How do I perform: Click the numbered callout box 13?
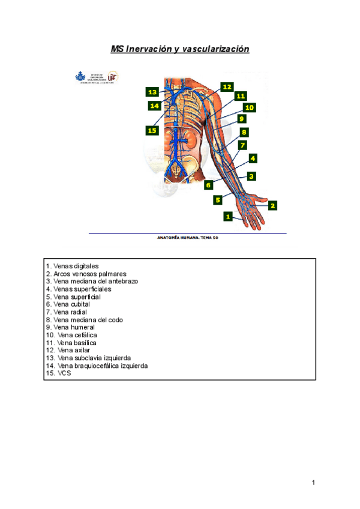point(152,92)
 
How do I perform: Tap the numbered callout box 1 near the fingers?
point(228,215)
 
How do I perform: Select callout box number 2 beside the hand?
point(272,205)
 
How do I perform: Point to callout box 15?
point(152,130)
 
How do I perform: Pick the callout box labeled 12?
point(226,87)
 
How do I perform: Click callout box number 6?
point(209,185)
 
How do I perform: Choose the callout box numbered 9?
point(241,119)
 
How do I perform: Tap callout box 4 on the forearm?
point(253,158)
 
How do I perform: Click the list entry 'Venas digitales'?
point(72,266)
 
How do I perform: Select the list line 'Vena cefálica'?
point(71,335)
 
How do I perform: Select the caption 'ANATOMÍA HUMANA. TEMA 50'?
point(187,238)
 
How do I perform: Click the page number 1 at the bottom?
point(313,483)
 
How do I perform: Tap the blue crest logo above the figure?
point(80,77)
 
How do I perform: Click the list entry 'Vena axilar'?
point(68,350)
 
